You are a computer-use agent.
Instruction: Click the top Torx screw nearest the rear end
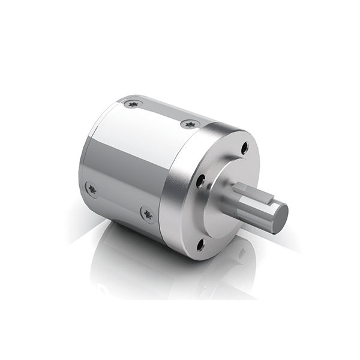pyautogui.click(x=133, y=104)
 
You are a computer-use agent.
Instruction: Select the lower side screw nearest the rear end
pyautogui.click(x=92, y=188)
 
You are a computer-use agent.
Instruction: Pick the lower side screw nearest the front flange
pyautogui.click(x=146, y=212)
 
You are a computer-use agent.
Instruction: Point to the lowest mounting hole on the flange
pyautogui.click(x=200, y=244)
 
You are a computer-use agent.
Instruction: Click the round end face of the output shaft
pyautogui.click(x=278, y=215)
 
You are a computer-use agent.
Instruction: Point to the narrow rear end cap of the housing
pyautogui.click(x=85, y=162)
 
